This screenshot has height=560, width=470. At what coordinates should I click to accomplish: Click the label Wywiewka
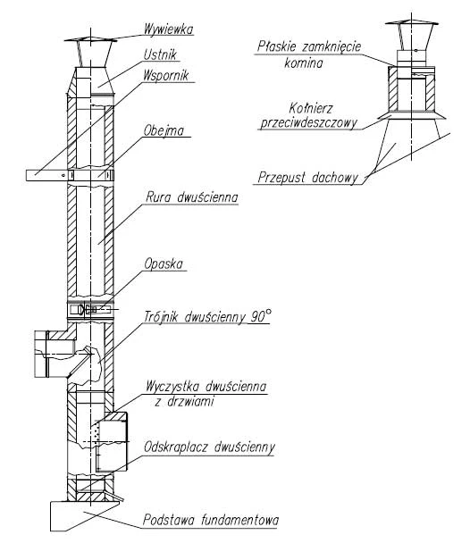click(168, 29)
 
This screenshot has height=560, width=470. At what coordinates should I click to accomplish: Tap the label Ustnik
click(160, 54)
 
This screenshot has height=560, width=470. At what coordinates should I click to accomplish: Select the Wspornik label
click(165, 75)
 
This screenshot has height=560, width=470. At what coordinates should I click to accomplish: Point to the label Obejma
click(164, 130)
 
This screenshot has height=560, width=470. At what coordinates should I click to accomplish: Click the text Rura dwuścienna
click(191, 197)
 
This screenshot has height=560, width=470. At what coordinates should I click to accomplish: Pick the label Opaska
click(163, 264)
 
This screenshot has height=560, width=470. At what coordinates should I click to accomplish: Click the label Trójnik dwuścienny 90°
click(207, 316)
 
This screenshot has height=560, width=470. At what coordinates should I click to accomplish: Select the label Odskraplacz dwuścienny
click(209, 447)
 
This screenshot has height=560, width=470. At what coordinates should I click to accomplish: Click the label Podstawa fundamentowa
click(211, 519)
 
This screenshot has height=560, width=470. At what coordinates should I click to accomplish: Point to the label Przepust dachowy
click(307, 178)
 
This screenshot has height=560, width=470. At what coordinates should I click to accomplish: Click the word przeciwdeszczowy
click(308, 123)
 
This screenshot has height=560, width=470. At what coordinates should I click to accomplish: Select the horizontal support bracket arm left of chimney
click(46, 175)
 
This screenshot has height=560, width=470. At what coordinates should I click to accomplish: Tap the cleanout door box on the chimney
click(112, 441)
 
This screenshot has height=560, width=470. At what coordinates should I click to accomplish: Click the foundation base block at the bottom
click(84, 515)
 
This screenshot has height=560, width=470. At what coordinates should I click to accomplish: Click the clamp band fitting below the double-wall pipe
click(90, 309)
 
